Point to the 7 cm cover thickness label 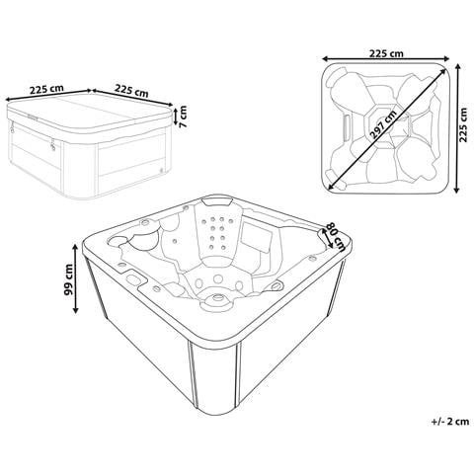(183, 116)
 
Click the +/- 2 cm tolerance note (450, 421)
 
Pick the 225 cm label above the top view (386, 53)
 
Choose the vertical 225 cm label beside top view (463, 124)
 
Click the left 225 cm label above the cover (46, 89)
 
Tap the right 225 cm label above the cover (131, 90)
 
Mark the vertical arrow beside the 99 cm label (76, 279)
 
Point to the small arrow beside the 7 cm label (175, 116)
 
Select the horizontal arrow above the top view (386, 59)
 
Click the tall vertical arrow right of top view (456, 128)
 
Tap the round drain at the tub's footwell (217, 297)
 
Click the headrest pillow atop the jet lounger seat (217, 201)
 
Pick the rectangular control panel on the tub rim (135, 278)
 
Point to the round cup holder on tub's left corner (117, 240)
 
